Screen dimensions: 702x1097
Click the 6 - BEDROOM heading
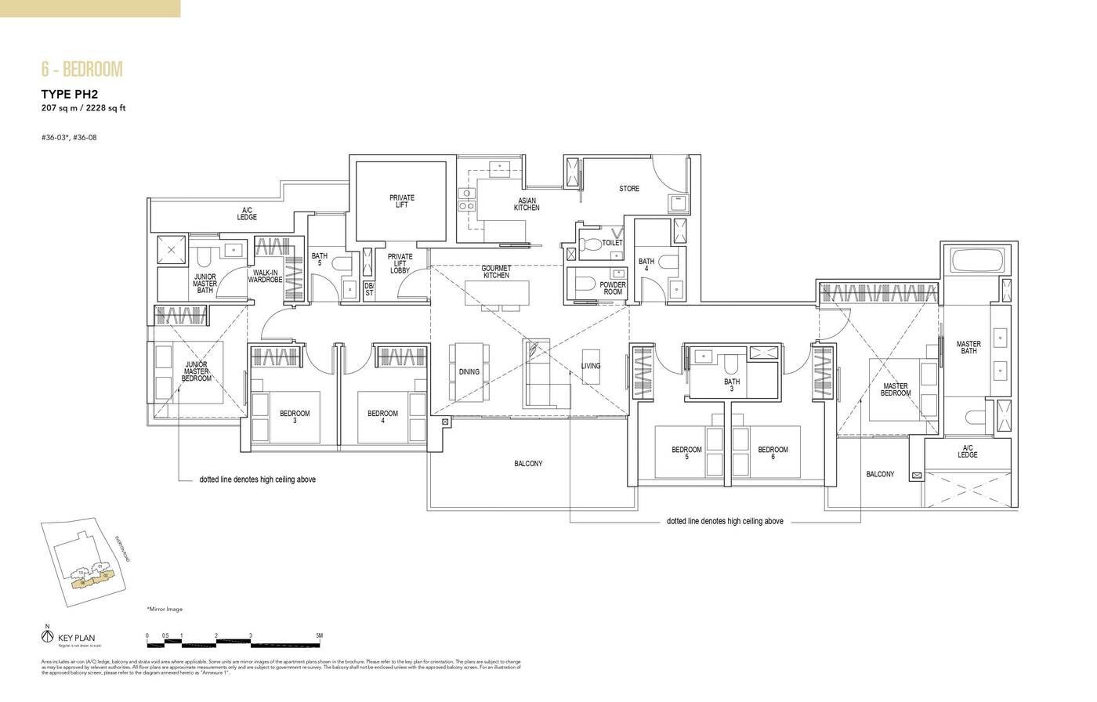tap(82, 70)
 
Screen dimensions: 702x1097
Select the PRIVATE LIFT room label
tap(402, 201)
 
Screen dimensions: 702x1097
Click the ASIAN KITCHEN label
tap(527, 204)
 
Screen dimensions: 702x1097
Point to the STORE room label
tap(629, 189)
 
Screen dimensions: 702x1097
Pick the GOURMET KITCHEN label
tap(496, 271)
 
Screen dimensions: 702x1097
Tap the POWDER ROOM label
tap(613, 288)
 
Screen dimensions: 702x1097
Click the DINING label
tap(469, 372)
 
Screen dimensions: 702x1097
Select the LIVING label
tap(591, 366)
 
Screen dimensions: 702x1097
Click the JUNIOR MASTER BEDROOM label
tap(197, 371)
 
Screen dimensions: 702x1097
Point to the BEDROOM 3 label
tap(295, 417)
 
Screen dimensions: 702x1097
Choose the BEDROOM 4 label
tap(382, 417)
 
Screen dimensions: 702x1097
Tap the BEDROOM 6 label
tap(773, 453)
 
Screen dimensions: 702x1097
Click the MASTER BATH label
tap(968, 348)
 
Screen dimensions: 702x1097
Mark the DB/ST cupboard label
tap(369, 289)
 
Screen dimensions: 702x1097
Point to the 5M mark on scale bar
tap(319, 635)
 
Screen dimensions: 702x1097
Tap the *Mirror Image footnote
tap(164, 609)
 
